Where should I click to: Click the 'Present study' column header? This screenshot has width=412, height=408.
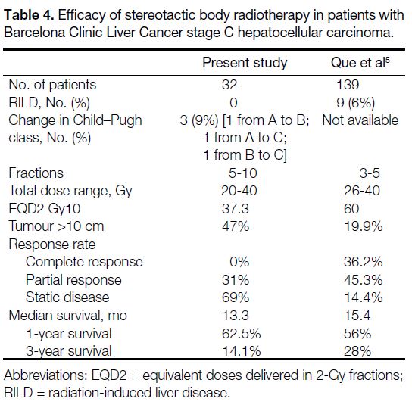coord(245,64)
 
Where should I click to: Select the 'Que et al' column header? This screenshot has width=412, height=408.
coord(360,63)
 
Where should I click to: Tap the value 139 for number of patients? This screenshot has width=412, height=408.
coord(348,85)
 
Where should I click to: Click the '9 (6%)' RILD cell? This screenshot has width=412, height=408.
coord(355,103)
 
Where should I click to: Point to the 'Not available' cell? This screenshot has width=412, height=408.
coord(360,120)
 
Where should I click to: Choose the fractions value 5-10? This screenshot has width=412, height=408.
coord(243,173)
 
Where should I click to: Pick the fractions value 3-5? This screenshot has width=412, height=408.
coord(370,173)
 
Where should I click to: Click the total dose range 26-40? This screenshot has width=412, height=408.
coord(362,191)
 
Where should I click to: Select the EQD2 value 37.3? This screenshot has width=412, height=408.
coord(236,209)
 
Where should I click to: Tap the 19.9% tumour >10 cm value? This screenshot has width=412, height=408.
coord(364,226)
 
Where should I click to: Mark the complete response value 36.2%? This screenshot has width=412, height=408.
coord(364,262)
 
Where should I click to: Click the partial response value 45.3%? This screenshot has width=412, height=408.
coord(364,280)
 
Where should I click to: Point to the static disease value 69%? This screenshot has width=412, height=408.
coord(236,297)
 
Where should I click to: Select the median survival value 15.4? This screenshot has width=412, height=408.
coord(357,316)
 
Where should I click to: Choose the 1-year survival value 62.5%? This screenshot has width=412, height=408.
coord(241,334)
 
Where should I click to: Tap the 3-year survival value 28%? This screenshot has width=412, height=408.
coord(357,351)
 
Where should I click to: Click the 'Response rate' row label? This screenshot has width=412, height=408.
coord(52,244)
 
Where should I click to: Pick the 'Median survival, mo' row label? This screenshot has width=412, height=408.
coord(68,316)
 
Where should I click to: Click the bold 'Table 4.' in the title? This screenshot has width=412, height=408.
coord(29,15)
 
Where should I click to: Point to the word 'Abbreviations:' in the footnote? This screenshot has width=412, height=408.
coord(45,375)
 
